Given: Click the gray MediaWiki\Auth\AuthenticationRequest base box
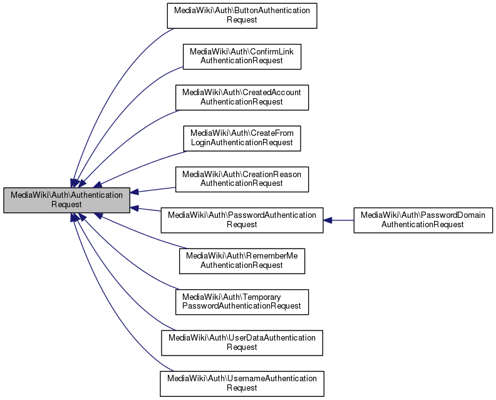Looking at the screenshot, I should coord(67,200).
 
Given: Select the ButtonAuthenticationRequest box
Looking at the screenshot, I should coord(242,15).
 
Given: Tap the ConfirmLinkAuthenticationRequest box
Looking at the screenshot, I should coord(242,56).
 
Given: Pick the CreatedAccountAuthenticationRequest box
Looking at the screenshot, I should coord(242,96).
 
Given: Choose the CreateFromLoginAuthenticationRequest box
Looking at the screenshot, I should coord(242,138).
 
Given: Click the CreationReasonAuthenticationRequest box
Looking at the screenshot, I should coord(242,178).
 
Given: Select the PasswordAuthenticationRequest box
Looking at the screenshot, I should coord(242,220).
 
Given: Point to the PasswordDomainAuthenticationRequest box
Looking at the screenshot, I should coord(423,220).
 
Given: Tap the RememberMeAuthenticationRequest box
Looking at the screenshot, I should coord(242,260).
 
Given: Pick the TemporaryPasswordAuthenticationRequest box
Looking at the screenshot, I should coord(242,301).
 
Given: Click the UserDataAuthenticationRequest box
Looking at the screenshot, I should coord(242,342).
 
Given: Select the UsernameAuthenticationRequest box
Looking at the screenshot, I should coord(242,383).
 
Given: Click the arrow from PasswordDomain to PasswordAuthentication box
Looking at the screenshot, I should coord(341,220).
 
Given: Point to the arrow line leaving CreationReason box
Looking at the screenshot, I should coord(157,189).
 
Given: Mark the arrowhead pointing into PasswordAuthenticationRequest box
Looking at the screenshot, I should coord(328,220).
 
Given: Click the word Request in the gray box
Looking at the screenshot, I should coord(67,205).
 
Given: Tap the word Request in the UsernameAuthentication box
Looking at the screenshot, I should coord(242,388).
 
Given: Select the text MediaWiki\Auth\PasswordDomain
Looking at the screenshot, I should coord(423,215).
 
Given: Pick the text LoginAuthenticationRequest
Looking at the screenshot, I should coord(242,143).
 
